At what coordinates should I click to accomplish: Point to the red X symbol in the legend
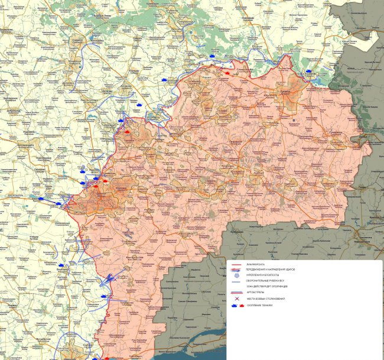click(x=236, y=299)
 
